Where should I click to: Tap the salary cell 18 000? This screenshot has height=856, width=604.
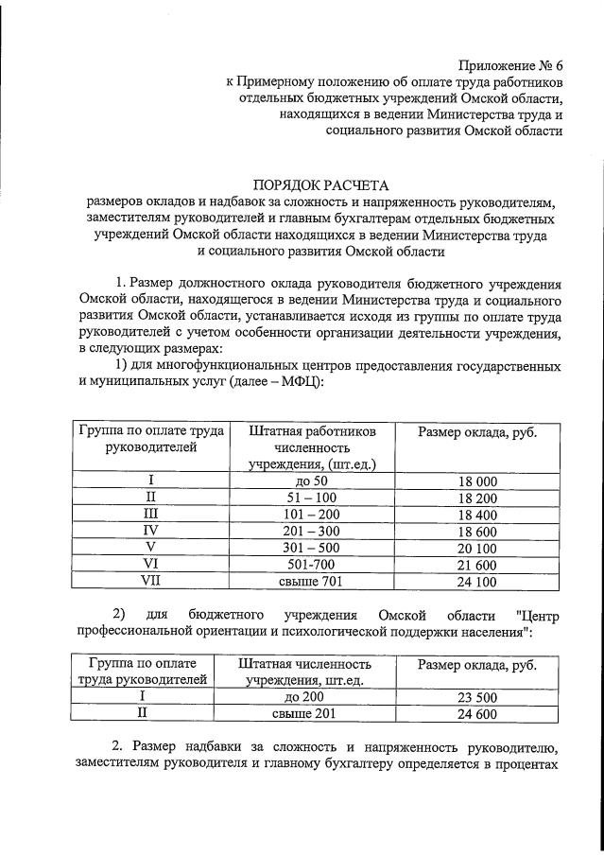[477, 481]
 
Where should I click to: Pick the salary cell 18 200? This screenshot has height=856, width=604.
[477, 498]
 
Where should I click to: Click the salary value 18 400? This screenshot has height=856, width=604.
[477, 514]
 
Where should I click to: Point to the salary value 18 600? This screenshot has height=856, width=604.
[477, 531]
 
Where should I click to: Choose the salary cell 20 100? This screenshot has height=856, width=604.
[477, 548]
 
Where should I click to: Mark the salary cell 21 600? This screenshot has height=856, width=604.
[477, 564]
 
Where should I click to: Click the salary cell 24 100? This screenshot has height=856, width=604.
[477, 581]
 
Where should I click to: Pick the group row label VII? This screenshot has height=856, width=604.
[151, 581]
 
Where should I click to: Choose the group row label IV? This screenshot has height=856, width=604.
[151, 531]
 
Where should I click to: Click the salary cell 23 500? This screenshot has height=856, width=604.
[477, 697]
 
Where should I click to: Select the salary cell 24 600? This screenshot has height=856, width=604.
[477, 714]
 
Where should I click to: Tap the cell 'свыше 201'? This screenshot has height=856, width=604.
[304, 714]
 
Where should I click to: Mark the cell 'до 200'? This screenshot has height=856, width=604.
[304, 697]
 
